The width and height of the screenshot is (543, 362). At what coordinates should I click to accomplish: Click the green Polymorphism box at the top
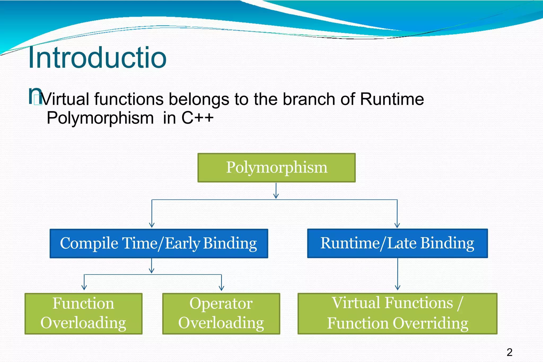(x=277, y=167)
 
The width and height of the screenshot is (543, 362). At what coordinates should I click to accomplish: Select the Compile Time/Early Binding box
(x=159, y=243)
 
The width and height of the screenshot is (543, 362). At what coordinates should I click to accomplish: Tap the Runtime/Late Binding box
(x=397, y=243)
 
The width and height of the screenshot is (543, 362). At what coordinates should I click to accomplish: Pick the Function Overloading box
(x=84, y=314)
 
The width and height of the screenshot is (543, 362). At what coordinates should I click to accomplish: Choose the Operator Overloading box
(x=221, y=314)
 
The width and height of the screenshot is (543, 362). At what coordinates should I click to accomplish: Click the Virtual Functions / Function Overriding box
(x=397, y=314)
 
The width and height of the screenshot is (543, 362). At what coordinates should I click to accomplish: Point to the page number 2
(x=509, y=352)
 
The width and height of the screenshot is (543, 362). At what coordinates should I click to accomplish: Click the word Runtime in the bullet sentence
(x=392, y=99)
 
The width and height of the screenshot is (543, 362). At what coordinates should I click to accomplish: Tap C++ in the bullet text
(x=197, y=118)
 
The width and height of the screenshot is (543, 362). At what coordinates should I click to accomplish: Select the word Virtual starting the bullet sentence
(x=65, y=99)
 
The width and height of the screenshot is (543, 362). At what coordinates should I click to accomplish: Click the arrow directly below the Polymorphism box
(x=276, y=191)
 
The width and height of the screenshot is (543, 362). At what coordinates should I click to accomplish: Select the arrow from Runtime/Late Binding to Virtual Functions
(x=397, y=274)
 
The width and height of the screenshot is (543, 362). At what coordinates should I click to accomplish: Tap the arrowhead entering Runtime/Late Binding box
(x=397, y=225)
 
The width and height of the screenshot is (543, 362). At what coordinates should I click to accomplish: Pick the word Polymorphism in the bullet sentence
(x=100, y=118)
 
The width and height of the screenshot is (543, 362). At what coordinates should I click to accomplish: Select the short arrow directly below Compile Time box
(x=152, y=266)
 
